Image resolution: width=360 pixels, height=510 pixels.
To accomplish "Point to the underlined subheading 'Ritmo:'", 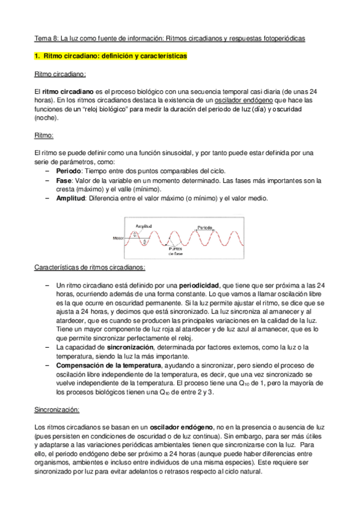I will point(44,136).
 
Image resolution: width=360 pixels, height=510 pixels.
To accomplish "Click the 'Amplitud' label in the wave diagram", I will point(144,226).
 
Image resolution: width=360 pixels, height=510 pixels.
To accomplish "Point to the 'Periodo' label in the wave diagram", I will point(204,227).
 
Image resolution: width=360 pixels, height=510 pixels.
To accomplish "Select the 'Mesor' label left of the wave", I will point(118,238).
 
